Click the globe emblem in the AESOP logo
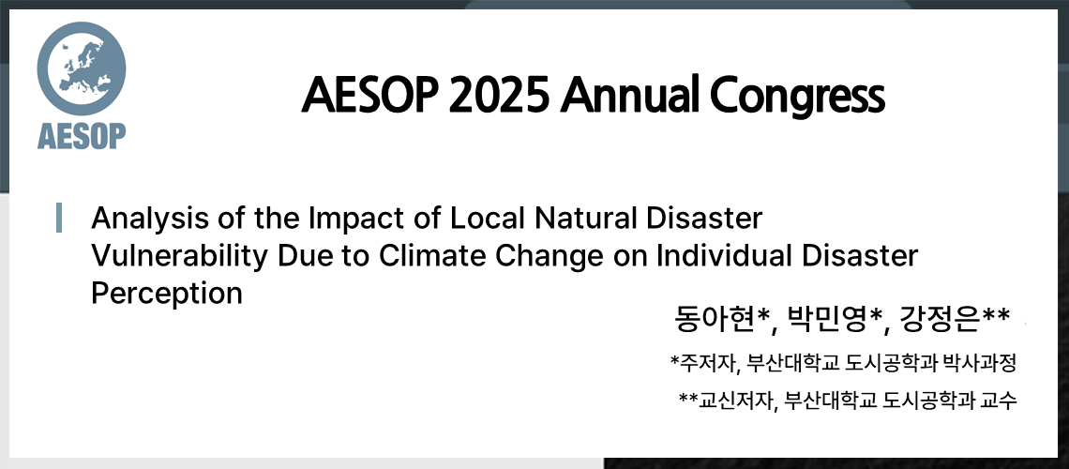point(81,68)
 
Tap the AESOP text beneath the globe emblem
point(82,136)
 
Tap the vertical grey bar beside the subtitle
point(60,217)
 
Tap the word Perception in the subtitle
point(166,294)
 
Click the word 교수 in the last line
point(1000,401)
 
